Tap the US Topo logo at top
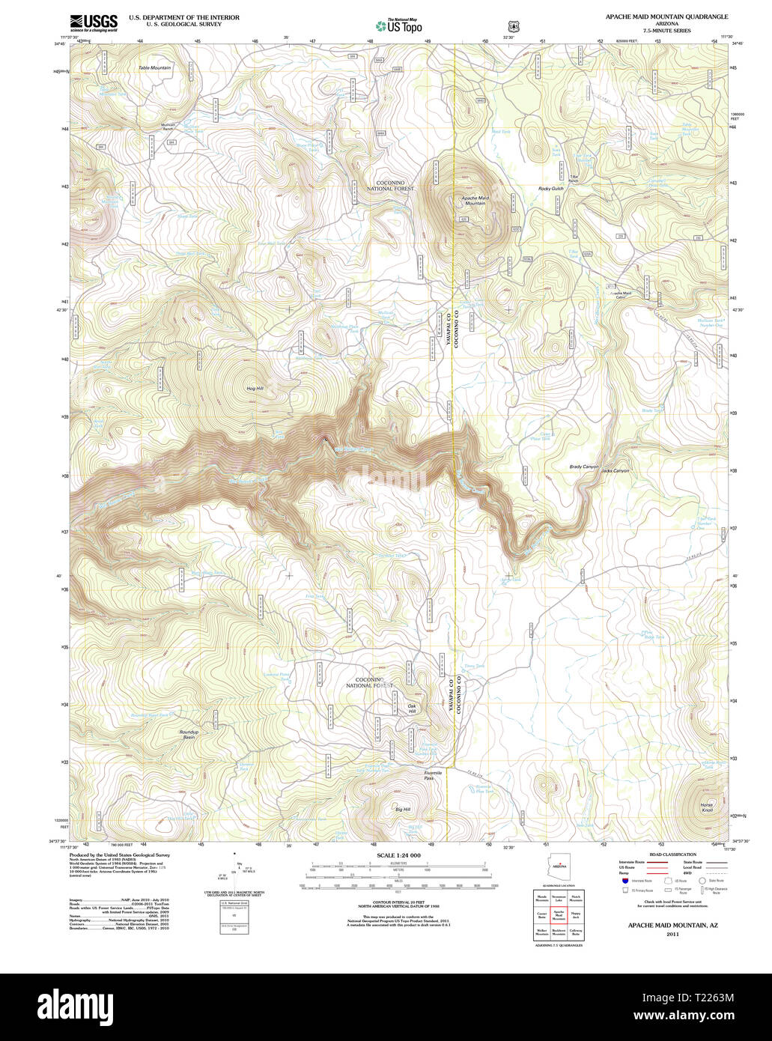398,25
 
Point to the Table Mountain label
154,68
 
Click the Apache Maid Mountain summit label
473,200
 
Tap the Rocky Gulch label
550,189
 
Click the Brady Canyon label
584,467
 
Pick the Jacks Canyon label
616,470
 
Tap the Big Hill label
403,810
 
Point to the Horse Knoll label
707,807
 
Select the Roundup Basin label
189,734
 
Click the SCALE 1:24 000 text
398,855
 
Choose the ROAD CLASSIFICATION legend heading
672,855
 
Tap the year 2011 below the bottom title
672,935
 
